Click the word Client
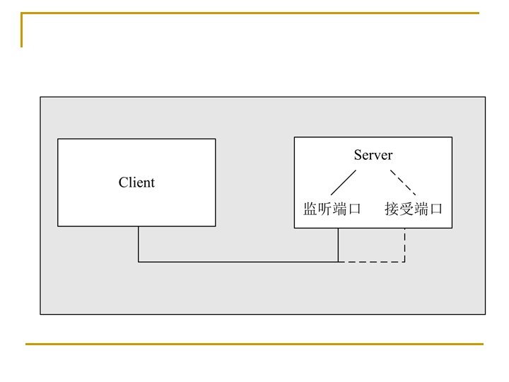point(136,183)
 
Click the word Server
point(373,155)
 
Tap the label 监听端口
point(332,209)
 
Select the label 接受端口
point(414,209)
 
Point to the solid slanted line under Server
point(343,182)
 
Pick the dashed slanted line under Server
point(403,182)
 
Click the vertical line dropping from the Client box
point(139,244)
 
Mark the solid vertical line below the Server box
point(338,245)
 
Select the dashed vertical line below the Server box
point(404,245)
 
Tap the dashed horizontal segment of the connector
point(371,262)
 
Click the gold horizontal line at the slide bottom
point(255,344)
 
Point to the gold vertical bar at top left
point(22,30)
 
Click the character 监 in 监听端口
point(310,209)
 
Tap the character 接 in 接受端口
point(392,209)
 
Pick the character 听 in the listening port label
point(325,209)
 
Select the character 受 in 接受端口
point(406,209)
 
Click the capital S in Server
point(358,155)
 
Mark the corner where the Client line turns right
point(139,262)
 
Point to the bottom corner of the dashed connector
point(404,262)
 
